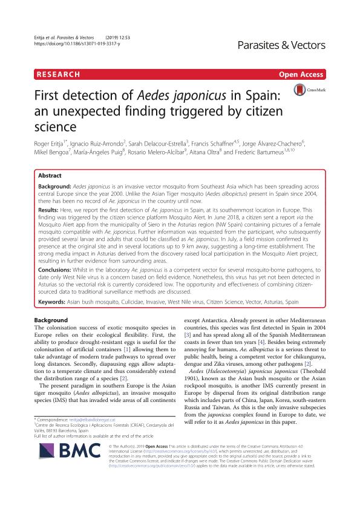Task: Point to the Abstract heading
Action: [50, 173]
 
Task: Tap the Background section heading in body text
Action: [51, 320]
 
